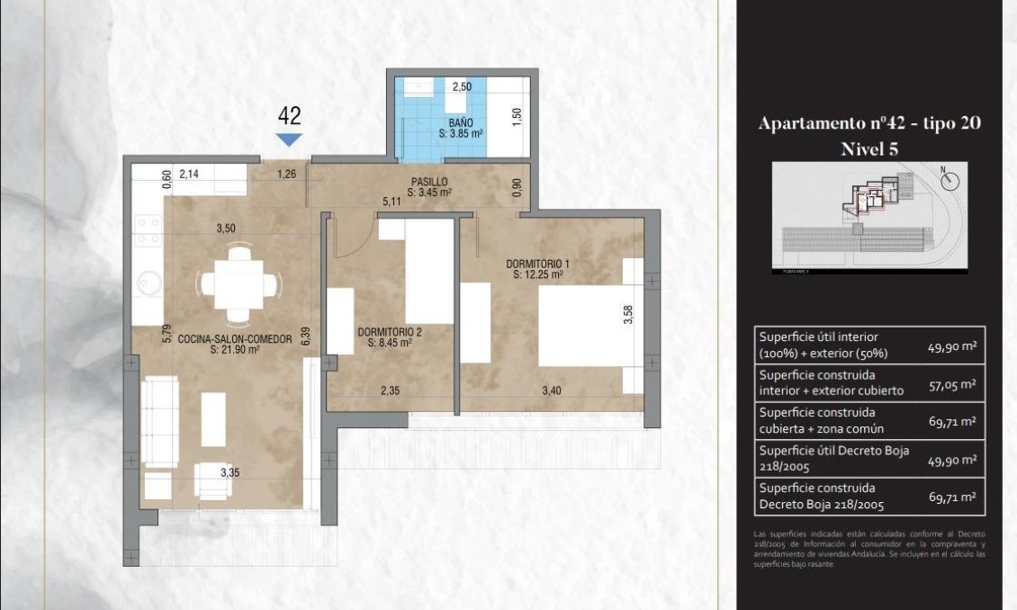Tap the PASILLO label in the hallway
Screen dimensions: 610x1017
[429, 182]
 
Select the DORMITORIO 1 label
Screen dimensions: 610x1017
[537, 264]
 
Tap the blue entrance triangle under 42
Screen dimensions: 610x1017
[289, 139]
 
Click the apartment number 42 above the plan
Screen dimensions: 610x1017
[289, 115]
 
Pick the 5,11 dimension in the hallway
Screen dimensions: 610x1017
[391, 202]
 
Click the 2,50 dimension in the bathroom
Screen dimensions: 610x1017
[461, 87]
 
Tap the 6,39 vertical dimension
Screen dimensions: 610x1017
[305, 336]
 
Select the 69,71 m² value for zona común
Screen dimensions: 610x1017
[952, 421]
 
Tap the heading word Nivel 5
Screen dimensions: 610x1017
[869, 148]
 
